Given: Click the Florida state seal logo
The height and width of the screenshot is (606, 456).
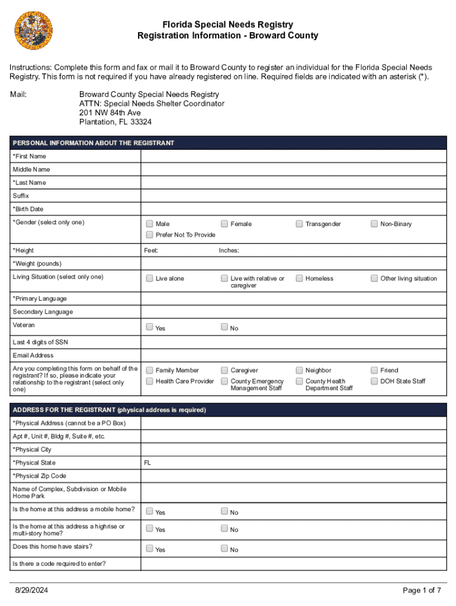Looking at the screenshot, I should coord(34,31).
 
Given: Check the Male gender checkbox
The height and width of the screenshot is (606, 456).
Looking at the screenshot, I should coord(150,224).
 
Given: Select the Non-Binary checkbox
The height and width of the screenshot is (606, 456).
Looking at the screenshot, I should coord(374,224).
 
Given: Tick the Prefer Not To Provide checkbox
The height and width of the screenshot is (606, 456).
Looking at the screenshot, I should coord(150,234).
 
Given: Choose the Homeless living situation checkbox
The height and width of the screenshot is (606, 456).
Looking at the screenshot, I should coord(300,278).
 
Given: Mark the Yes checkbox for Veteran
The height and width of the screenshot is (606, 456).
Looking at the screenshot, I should coord(150,327).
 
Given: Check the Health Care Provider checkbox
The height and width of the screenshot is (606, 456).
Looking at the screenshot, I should coord(150,381).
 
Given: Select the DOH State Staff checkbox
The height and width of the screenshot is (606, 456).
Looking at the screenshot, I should coord(374,381).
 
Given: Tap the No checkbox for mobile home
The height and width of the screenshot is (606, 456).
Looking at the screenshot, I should coord(224,511).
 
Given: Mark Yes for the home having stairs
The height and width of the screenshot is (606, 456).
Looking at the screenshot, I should coord(150,549).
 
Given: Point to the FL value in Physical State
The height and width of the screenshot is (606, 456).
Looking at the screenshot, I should coord(147,463).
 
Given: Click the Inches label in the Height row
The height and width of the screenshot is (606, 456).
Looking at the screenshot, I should coord(229,250).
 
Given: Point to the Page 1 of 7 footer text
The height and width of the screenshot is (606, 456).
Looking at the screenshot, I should coord(422,590).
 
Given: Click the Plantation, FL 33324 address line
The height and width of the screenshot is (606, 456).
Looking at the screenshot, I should coord(115,122).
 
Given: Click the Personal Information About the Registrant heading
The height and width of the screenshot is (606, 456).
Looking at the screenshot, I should coord(94,143).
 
